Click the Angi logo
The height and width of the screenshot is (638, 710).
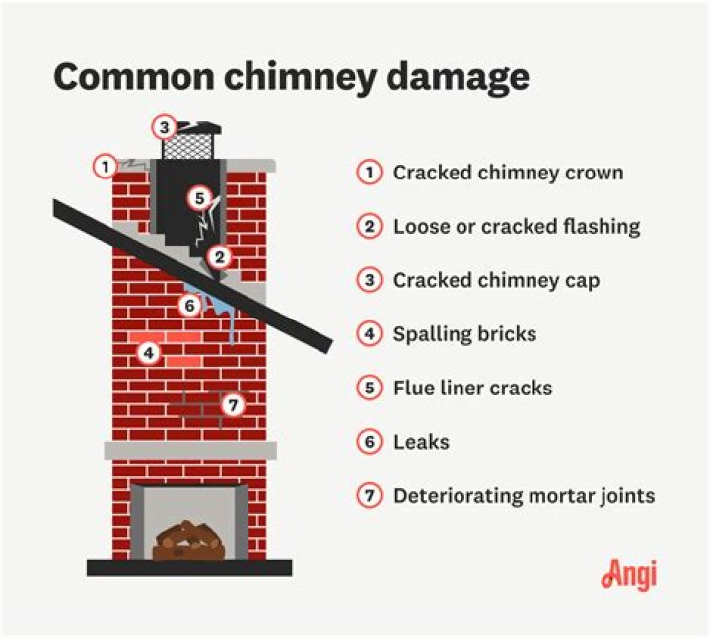click(x=628, y=574)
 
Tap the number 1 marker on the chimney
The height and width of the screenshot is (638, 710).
click(x=105, y=166)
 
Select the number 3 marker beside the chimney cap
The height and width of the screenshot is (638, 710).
click(x=165, y=126)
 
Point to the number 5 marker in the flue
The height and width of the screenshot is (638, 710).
click(x=199, y=197)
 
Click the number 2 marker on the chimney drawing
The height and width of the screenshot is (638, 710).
click(x=220, y=258)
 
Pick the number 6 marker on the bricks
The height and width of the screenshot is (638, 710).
click(x=190, y=305)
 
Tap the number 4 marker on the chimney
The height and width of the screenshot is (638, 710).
click(x=148, y=352)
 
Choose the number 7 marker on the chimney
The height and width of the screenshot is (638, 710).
click(x=232, y=404)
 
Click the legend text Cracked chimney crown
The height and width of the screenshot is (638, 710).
click(x=508, y=173)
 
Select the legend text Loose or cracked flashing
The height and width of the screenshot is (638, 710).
click(x=517, y=226)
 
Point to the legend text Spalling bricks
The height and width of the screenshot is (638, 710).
click(x=464, y=334)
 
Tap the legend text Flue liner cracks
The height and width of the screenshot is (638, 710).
click(x=472, y=388)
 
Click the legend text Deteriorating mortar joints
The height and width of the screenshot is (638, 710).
click(x=524, y=496)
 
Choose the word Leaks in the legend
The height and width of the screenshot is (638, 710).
click(x=421, y=442)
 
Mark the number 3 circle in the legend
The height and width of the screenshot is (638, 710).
click(x=369, y=280)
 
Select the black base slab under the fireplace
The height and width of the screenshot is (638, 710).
click(x=188, y=567)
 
